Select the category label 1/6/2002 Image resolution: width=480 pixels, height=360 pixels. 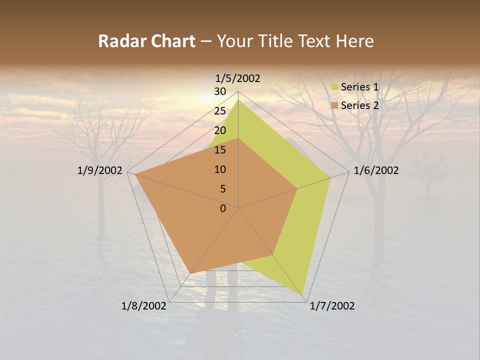(376, 170)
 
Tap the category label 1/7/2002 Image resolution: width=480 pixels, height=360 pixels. (332, 306)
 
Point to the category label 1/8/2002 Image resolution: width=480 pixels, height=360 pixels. (144, 306)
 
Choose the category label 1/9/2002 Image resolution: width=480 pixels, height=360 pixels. (100, 170)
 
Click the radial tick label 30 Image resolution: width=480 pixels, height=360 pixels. (220, 91)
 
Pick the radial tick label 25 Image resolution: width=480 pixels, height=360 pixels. (220, 111)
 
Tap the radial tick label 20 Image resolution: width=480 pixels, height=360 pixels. (220, 130)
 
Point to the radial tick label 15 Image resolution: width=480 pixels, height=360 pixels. (220, 150)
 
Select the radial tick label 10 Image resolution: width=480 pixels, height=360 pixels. (220, 169)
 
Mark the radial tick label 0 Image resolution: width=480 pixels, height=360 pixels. (223, 208)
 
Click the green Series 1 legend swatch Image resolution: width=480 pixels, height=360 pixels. (334, 87)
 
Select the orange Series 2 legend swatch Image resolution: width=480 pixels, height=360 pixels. (334, 105)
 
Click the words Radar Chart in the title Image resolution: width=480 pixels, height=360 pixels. (146, 41)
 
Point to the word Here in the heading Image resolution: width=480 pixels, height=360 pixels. (354, 41)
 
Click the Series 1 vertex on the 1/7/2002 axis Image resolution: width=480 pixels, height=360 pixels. (303, 294)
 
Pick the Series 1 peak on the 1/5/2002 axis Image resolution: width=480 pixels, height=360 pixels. (238, 99)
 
